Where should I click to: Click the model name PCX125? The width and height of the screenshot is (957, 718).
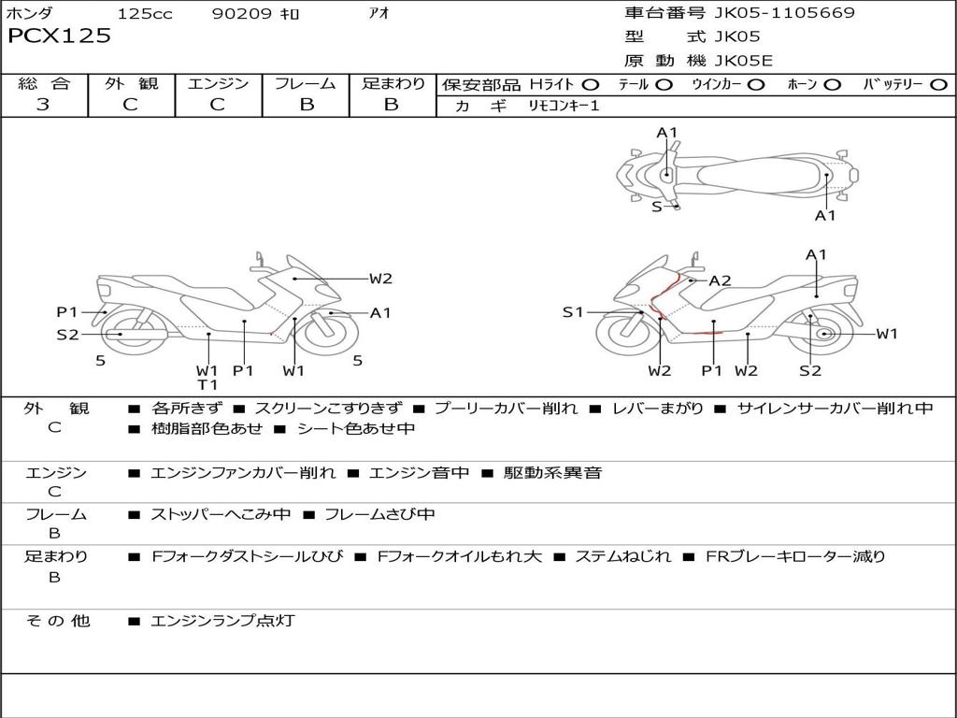click(60, 36)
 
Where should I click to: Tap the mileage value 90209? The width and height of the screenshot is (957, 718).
click(243, 14)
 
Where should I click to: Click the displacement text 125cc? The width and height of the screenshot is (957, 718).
click(145, 14)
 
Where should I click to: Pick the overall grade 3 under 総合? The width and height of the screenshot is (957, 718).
click(43, 105)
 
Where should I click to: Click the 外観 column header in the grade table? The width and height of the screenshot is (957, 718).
click(131, 84)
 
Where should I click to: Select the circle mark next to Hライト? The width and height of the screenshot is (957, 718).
click(591, 84)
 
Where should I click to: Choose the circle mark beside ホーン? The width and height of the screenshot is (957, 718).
click(832, 84)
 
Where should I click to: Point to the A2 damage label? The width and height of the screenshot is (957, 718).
click(720, 280)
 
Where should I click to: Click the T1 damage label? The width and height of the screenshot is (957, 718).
click(207, 384)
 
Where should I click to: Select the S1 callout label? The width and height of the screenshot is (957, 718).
click(573, 312)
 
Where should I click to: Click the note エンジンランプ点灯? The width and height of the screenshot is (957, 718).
click(222, 621)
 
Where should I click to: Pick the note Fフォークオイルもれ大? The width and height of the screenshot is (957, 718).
click(460, 556)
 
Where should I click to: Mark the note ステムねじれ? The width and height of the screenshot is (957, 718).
click(622, 556)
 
